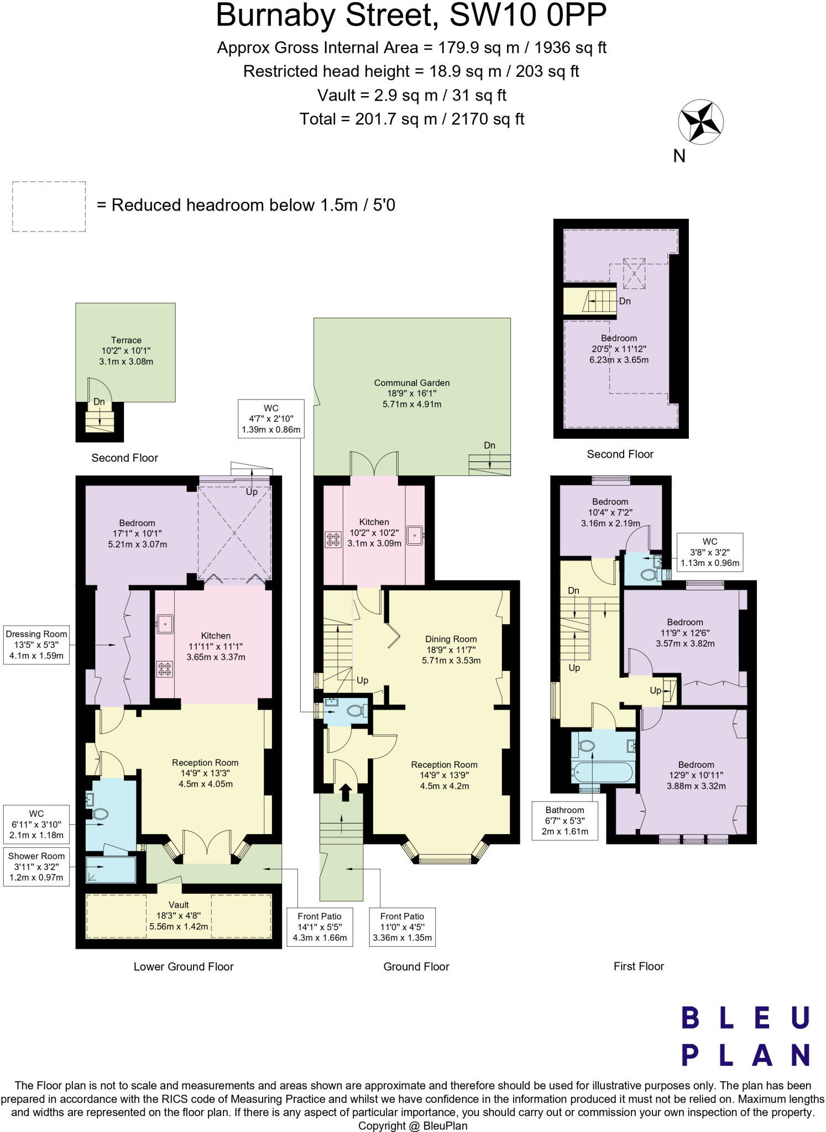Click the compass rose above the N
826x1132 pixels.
[700, 122]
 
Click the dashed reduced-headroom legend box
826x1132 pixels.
[49, 206]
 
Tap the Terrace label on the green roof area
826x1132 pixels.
[126, 340]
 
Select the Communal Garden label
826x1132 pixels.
[412, 383]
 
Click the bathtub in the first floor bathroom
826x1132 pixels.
[603, 772]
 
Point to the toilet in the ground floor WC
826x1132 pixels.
[356, 711]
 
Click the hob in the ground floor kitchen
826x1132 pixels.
[333, 539]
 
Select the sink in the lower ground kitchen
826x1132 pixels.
[165, 625]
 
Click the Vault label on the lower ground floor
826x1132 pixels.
[179, 905]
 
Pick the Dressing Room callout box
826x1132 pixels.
[36, 644]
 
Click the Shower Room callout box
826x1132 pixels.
[36, 866]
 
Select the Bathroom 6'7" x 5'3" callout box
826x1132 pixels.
[564, 820]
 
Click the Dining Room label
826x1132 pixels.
[451, 639]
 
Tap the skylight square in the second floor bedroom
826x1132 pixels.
[634, 274]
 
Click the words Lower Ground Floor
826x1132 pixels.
[184, 967]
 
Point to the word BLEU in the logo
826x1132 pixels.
[745, 1018]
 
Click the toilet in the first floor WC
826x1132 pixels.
[648, 575]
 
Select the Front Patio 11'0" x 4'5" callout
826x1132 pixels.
[402, 927]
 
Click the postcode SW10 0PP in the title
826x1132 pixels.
[527, 15]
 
